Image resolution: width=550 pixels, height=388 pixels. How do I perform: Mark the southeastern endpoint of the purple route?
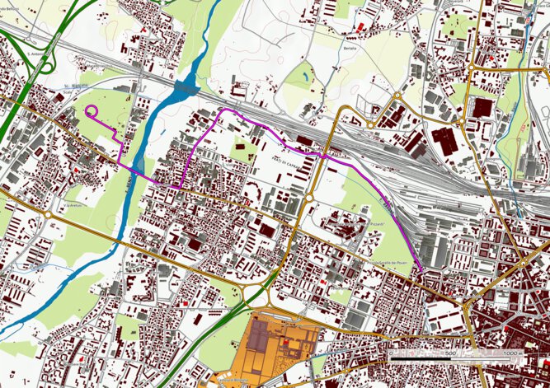[423, 269]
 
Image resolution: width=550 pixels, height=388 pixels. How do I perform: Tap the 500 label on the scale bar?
[450, 353]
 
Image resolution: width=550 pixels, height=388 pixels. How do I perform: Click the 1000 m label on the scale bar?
[510, 353]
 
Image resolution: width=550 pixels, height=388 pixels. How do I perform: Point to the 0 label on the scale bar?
[390, 353]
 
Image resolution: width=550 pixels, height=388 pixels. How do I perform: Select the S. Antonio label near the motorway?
[35, 55]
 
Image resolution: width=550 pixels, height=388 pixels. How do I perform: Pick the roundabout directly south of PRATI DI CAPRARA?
[308, 198]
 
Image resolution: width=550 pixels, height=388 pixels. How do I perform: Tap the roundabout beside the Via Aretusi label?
[48, 214]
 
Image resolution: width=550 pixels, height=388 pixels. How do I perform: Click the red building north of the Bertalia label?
[361, 28]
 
